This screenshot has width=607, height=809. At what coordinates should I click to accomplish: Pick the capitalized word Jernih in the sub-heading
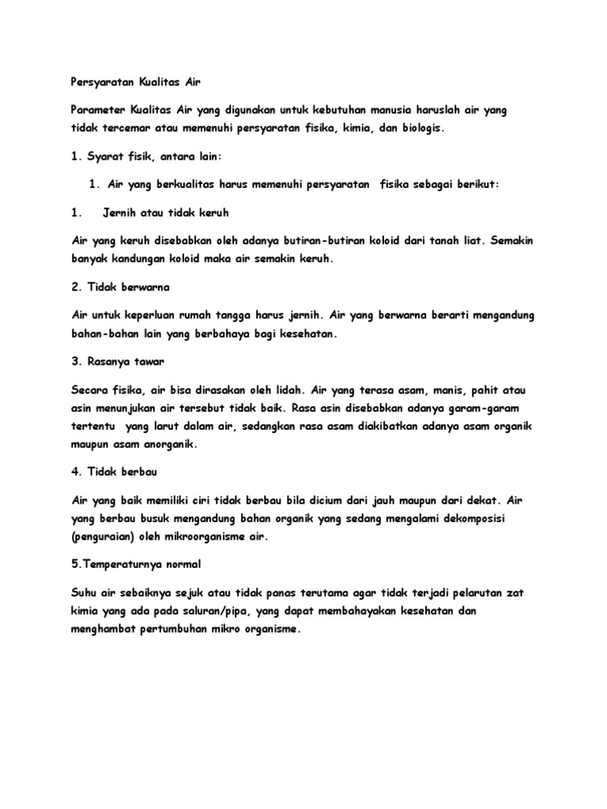point(121,213)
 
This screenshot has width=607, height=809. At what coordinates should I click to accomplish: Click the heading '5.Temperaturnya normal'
point(137,565)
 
